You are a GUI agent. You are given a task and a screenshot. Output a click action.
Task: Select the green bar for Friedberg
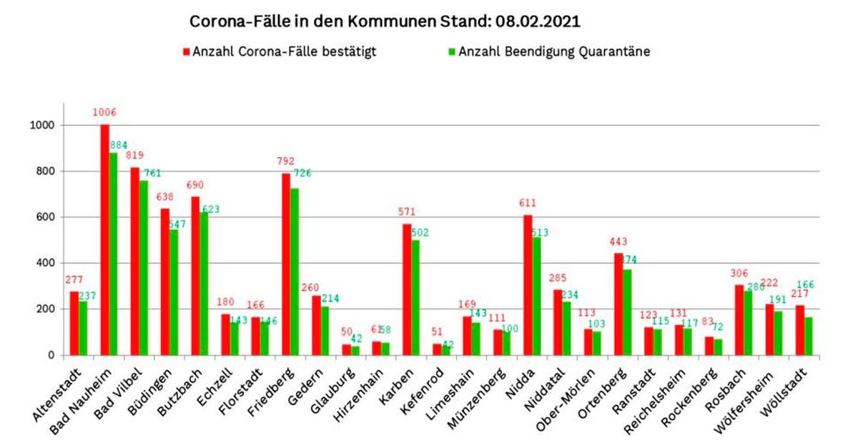coord(295,272)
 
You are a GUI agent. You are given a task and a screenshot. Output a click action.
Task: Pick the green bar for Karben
coord(415,297)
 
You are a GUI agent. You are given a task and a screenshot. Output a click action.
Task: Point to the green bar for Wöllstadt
coord(808,336)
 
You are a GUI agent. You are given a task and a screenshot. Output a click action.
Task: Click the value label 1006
coord(104,113)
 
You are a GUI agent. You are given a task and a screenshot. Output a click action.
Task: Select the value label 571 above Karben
coord(407,212)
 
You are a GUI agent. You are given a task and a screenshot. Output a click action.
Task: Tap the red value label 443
coord(618,242)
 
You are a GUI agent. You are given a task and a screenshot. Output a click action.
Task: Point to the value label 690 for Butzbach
coord(195,185)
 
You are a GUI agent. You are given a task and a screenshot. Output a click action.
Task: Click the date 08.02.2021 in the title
coord(536,21)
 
